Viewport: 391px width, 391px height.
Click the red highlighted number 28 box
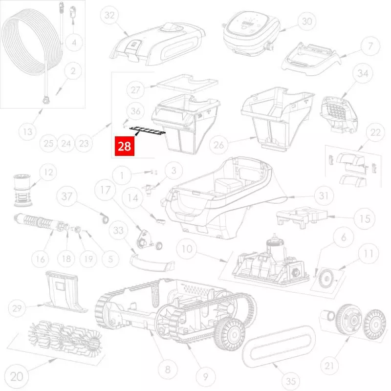[x=125, y=146]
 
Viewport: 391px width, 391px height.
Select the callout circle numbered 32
[x=109, y=15]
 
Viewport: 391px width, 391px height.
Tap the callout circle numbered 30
[x=307, y=22]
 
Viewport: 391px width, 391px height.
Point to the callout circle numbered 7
[x=370, y=46]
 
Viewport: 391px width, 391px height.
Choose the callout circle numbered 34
[x=363, y=74]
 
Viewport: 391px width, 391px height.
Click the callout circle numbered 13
[x=28, y=131]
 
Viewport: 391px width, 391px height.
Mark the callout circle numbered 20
[x=17, y=376]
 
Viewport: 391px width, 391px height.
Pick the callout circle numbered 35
[x=290, y=381]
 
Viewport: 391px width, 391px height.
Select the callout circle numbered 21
[x=329, y=366]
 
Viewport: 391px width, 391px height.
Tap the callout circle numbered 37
[x=67, y=196]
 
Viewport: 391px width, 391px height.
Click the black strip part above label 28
[x=148, y=130]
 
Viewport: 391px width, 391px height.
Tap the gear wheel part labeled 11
[x=326, y=278]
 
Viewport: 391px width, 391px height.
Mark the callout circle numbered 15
[x=364, y=218]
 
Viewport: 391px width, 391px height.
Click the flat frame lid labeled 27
[x=188, y=83]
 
